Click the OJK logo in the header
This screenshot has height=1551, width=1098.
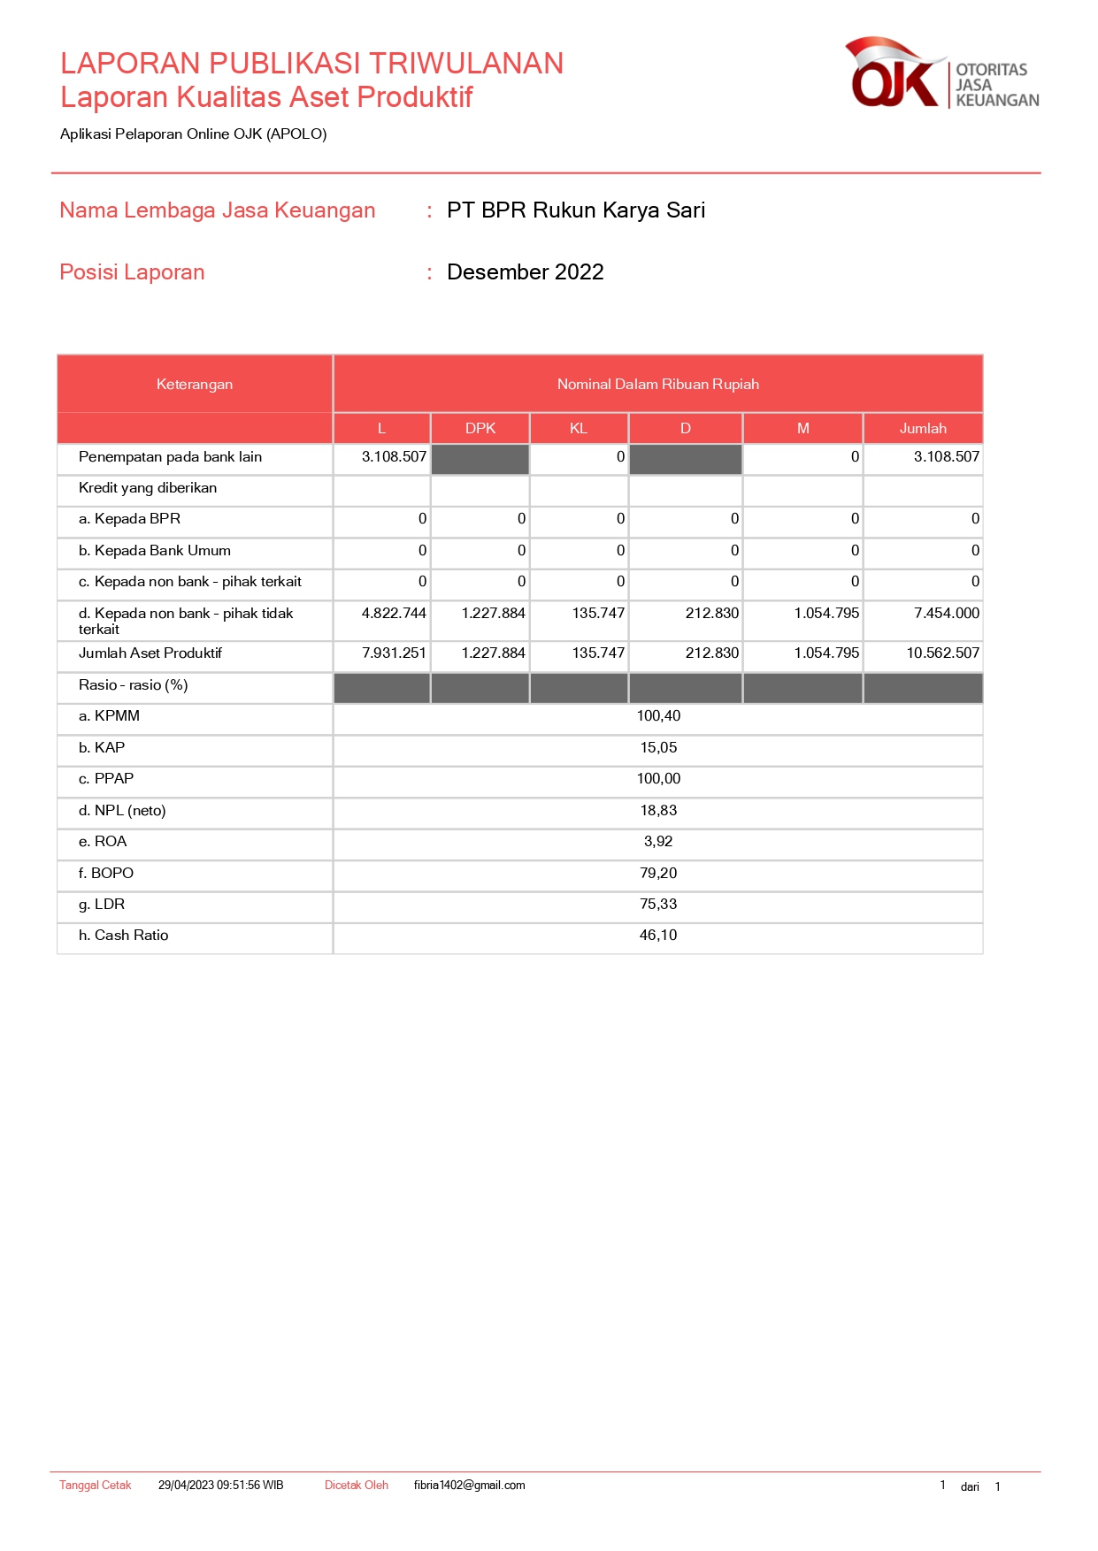pos(941,74)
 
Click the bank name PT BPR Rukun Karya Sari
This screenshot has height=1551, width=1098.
pos(576,210)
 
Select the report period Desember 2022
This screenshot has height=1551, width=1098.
pos(525,272)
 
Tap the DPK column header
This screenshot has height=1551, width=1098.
pos(480,428)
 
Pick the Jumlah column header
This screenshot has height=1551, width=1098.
pos(923,428)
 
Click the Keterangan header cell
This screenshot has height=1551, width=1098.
pos(195,385)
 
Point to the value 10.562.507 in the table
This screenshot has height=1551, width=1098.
pos(942,653)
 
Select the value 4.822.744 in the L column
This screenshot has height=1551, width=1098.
pos(394,614)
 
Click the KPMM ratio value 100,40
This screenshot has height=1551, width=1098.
pos(658,716)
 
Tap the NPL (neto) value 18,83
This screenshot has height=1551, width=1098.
pos(658,811)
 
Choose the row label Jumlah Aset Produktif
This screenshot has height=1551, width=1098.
pos(150,653)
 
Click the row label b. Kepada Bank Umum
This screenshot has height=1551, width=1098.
pos(155,551)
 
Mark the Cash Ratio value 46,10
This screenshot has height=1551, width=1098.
pos(658,936)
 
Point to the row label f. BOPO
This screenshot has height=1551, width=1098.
pos(106,874)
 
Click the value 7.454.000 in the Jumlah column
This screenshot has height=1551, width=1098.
pos(947,614)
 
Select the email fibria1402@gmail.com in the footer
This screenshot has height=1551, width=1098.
pos(469,1486)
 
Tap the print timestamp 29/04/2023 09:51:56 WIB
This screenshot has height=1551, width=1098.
pos(220,1486)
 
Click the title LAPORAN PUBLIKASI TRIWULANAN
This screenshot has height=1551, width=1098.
pos(311,64)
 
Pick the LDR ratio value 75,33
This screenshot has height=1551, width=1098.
pos(658,905)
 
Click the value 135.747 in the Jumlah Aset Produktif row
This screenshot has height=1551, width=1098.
pos(598,653)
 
